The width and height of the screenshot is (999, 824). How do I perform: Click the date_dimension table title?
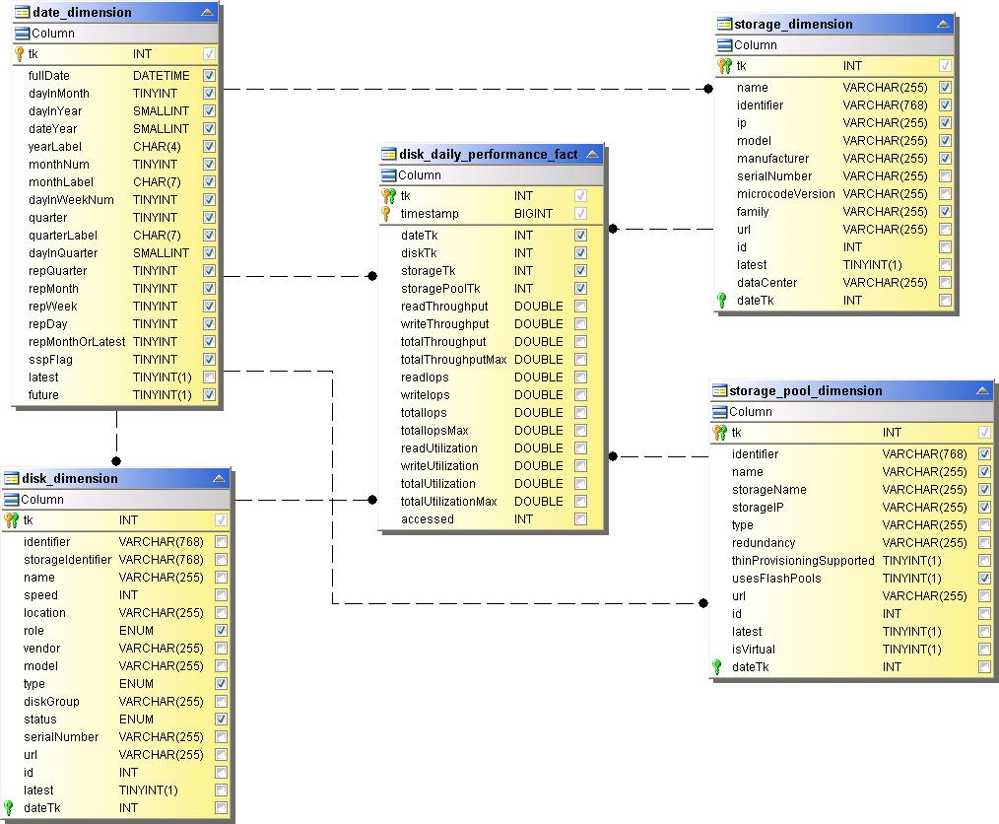click(82, 13)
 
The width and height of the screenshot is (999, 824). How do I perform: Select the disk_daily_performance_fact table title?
click(489, 155)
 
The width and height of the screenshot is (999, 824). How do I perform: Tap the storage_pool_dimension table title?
click(805, 391)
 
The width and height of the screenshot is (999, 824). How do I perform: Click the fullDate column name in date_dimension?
click(49, 76)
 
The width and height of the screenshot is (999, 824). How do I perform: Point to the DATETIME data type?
click(162, 76)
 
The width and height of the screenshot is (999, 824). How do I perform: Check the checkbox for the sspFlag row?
click(209, 360)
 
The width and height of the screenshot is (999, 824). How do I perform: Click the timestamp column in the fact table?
click(430, 214)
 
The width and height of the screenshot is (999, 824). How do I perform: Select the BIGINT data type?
click(533, 214)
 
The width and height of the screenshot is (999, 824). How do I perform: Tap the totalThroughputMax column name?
click(453, 360)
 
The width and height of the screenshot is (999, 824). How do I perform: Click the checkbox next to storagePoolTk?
click(580, 289)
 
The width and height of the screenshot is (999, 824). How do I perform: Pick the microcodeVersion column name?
click(785, 194)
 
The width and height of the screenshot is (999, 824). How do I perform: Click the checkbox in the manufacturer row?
click(945, 159)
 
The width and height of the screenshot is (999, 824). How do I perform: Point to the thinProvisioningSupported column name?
click(803, 561)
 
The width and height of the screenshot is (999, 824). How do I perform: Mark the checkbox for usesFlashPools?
click(984, 579)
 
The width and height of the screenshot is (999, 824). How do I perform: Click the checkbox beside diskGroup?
click(221, 702)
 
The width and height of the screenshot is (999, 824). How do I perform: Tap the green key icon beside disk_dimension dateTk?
click(10, 808)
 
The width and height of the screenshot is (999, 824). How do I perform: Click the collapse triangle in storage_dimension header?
click(943, 24)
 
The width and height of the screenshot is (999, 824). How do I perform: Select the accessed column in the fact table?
click(428, 519)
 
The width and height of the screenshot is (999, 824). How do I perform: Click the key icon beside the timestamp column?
click(387, 214)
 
